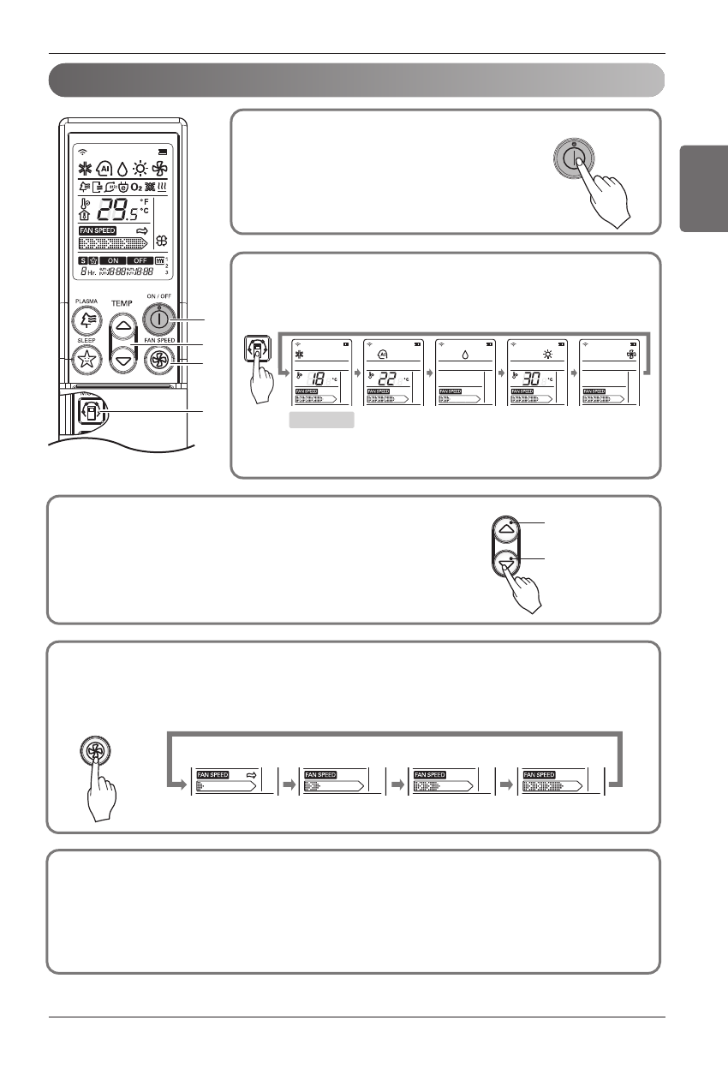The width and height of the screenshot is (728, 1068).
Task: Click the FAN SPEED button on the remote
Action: point(158,361)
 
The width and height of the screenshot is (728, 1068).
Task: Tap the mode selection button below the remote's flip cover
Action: point(89,412)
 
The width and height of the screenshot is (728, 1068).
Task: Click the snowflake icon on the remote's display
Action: point(86,169)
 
